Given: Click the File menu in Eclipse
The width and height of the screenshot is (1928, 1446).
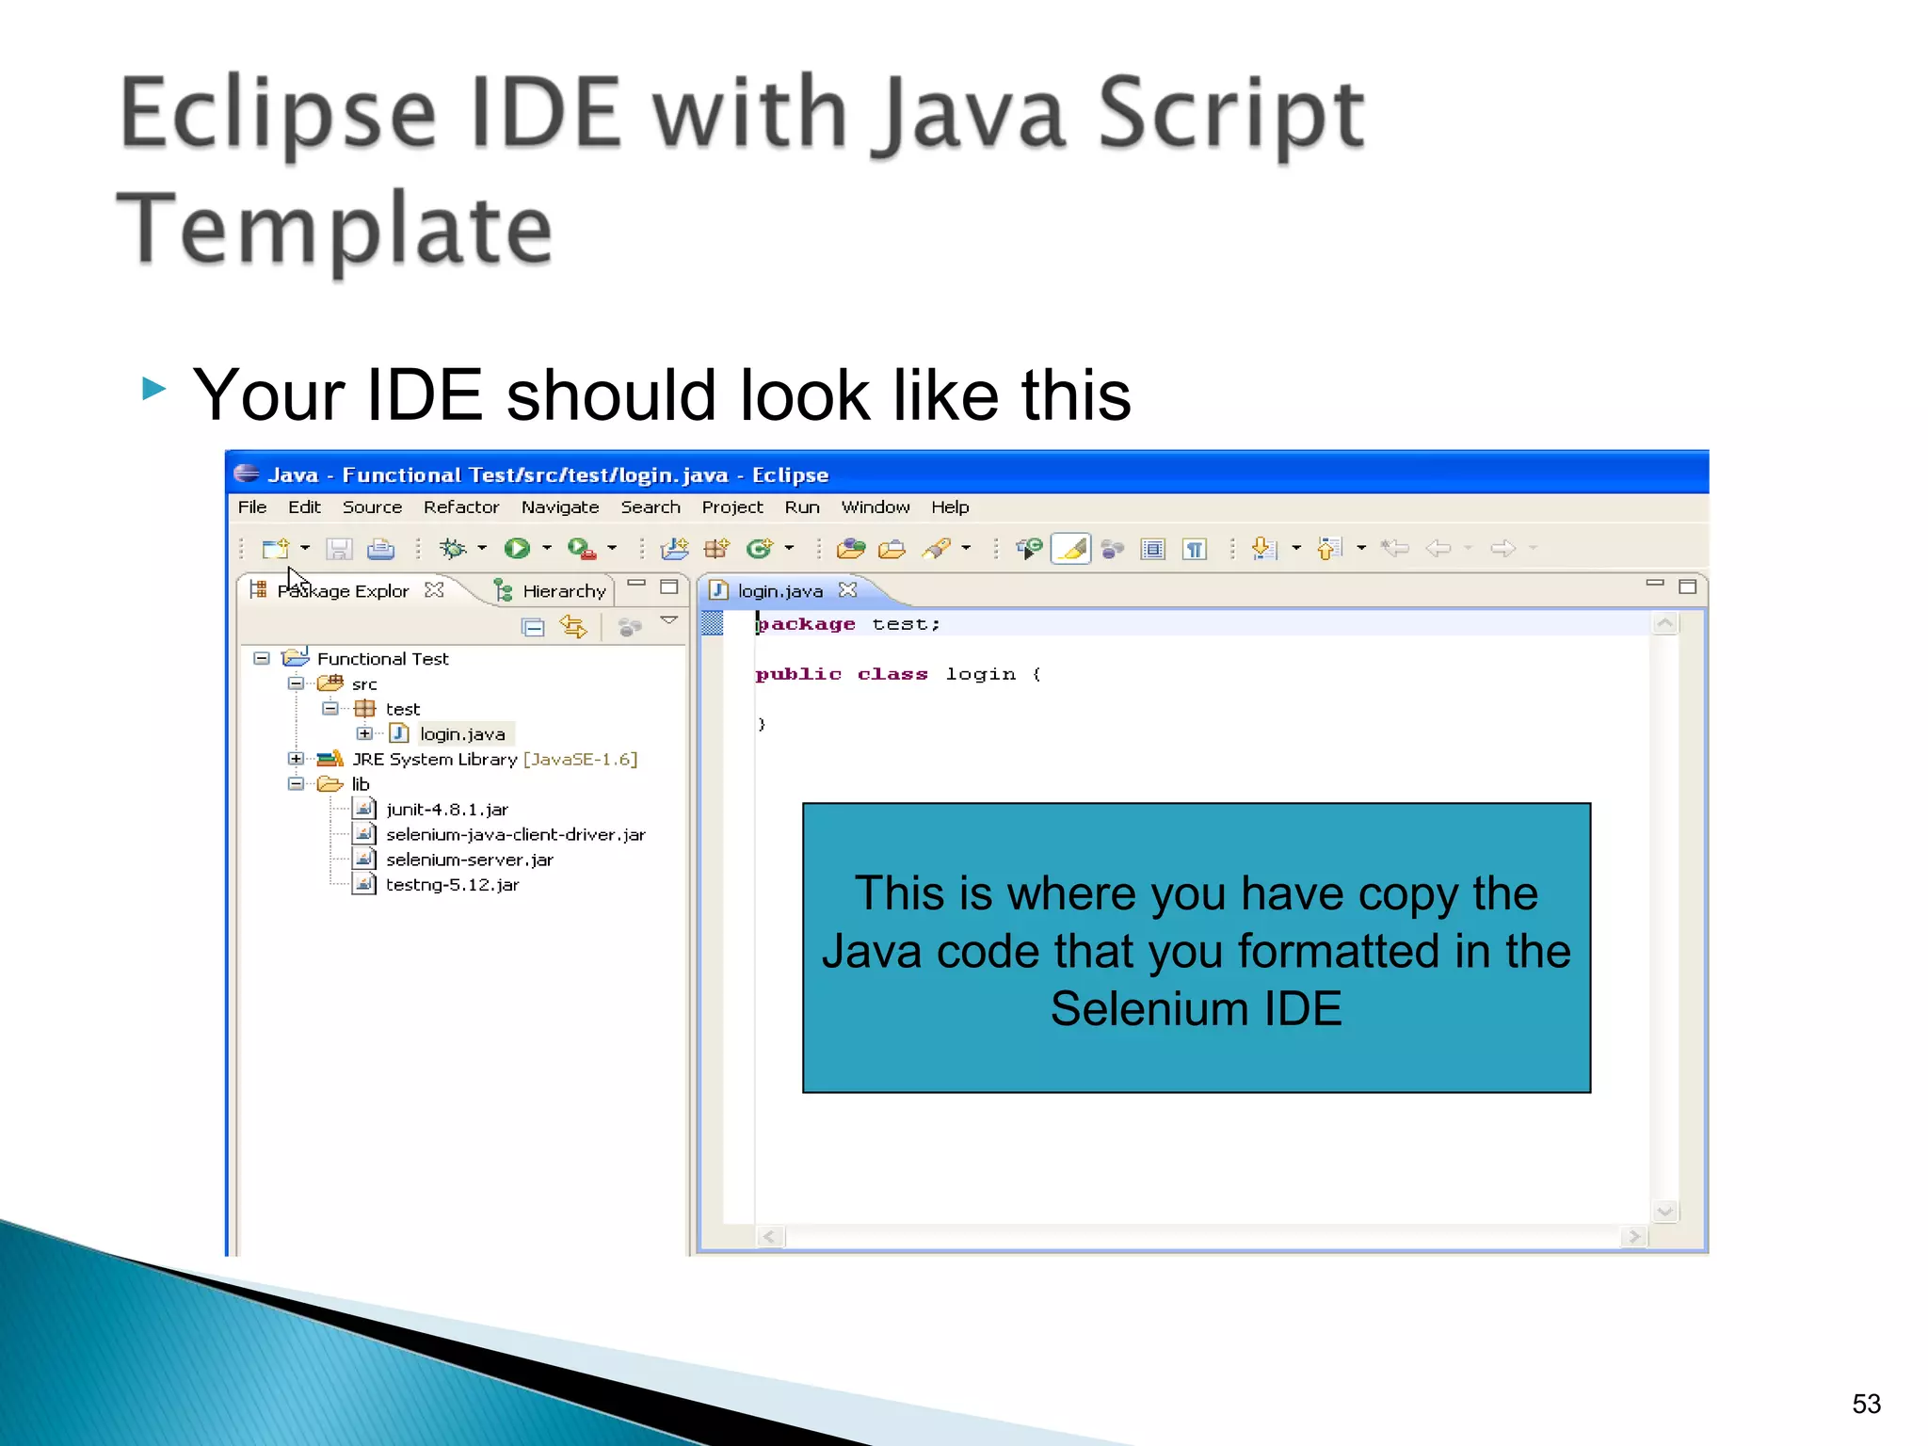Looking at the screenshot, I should pos(251,507).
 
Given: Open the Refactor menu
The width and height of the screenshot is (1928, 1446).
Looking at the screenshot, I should pos(460,507).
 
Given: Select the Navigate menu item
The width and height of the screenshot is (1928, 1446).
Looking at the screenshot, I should pos(559,507).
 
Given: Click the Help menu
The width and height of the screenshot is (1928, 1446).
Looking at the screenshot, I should pos(949,507).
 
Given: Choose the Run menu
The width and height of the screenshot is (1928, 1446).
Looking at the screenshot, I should pos(801,507).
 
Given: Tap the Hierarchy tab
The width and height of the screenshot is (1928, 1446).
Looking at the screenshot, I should pos(563,591).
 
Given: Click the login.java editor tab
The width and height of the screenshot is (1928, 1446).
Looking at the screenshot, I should pos(779,591).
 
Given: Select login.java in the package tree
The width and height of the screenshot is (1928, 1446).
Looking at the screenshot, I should pos(461,734).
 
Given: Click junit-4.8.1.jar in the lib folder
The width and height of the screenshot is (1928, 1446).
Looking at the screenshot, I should pos(446,810).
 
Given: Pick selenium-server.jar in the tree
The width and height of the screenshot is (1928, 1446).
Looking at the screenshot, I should pos(469,860).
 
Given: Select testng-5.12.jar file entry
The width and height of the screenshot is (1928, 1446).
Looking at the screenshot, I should pos(452,885).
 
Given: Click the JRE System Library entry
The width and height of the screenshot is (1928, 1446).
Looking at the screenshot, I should pos(434,760).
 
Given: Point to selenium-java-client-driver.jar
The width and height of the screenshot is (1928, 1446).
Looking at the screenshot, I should pos(515,835).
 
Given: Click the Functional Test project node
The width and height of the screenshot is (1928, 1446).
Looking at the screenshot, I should pos(382,659).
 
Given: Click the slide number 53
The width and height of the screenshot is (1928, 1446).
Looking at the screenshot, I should pos(1866,1404).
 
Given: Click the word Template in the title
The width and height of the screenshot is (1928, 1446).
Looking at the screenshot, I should pos(335,230).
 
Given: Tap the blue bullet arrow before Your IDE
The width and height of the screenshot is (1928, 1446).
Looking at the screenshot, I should pos(154,388).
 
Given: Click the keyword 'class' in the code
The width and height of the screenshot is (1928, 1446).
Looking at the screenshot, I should pos(892,674).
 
